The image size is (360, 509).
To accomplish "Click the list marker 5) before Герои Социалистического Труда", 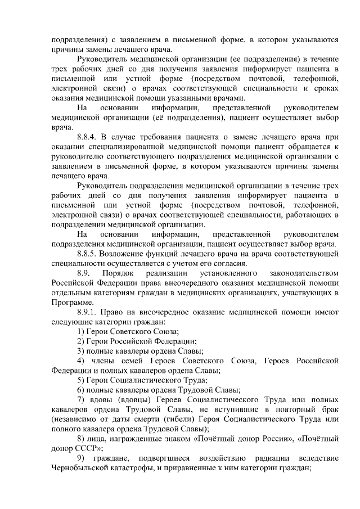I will coord(81,380).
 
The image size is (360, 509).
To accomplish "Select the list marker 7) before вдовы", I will coord(81,399).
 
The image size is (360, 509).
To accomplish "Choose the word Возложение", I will coord(131,253).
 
